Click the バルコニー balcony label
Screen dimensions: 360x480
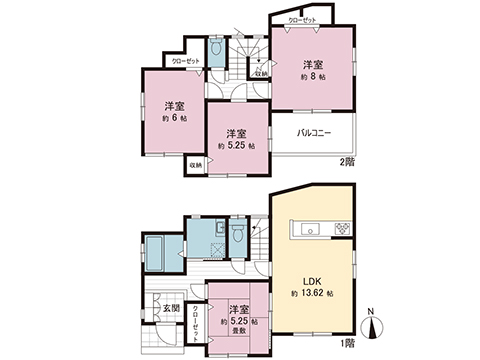[x=315, y=133]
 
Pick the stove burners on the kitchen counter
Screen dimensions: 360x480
[x=340, y=230]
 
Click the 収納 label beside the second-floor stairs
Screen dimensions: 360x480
[x=260, y=73]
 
